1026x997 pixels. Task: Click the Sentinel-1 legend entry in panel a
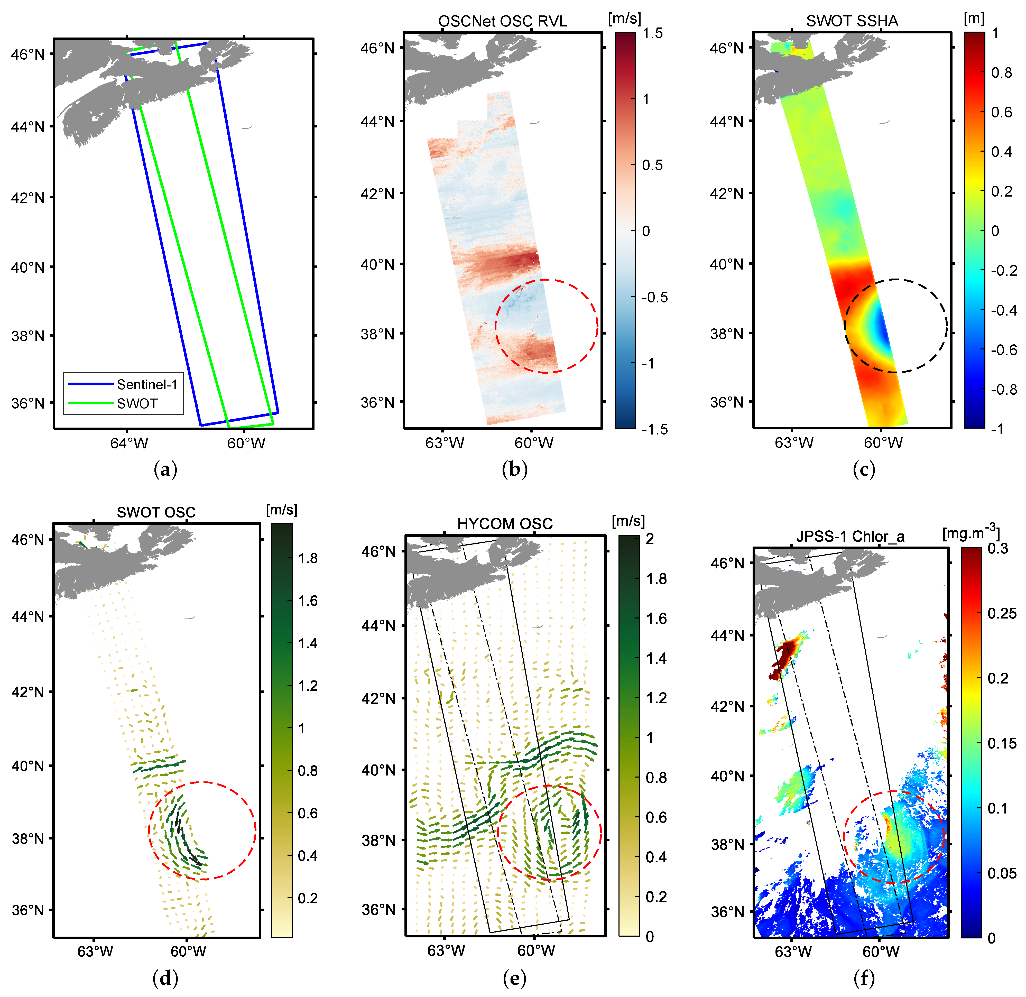pos(147,385)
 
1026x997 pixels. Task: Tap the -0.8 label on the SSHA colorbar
pos(1003,390)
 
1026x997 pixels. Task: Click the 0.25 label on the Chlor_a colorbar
pos(1001,613)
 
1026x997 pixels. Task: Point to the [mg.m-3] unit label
pos(970,533)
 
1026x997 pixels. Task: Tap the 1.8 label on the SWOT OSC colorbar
pos(308,558)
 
